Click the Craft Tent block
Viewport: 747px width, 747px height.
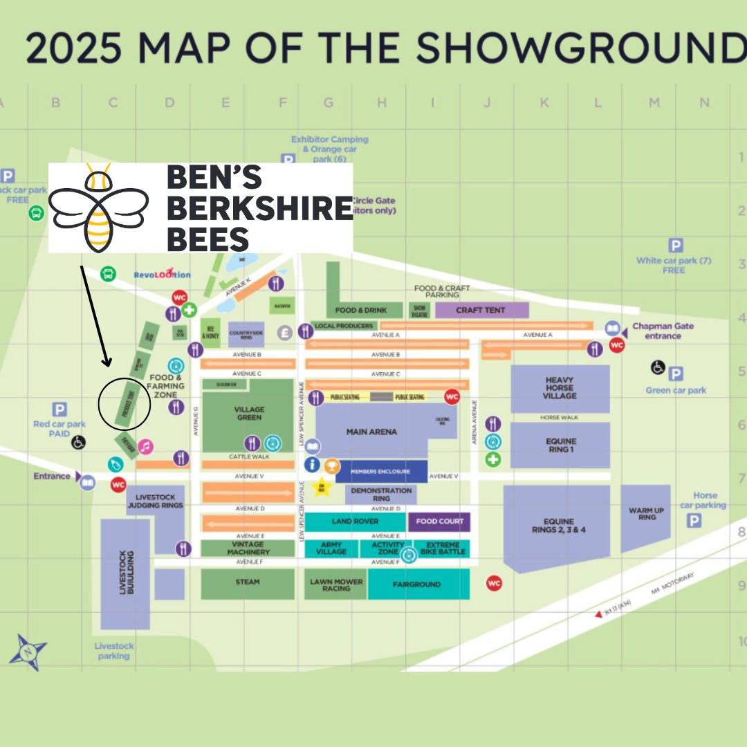pos(481,310)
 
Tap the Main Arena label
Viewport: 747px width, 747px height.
pos(371,432)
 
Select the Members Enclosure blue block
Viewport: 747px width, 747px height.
pos(381,471)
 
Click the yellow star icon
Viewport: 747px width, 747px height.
pos(322,488)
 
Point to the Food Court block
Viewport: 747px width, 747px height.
pos(439,522)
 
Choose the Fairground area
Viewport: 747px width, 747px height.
pos(418,584)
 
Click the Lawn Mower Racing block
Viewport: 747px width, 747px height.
pos(335,585)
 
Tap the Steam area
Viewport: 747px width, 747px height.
pos(247,582)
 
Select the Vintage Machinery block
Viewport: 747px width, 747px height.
pos(248,548)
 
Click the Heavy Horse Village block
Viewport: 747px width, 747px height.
pos(560,388)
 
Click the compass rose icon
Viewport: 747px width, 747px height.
pos(28,652)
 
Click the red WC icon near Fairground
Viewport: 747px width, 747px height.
pos(494,583)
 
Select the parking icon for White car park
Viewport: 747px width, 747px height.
pos(676,246)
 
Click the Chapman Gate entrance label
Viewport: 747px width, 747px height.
pos(663,331)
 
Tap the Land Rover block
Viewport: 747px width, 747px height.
pos(356,522)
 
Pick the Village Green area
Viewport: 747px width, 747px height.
pos(248,414)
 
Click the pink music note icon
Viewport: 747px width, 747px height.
pos(145,447)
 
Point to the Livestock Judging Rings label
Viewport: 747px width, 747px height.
pos(156,501)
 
